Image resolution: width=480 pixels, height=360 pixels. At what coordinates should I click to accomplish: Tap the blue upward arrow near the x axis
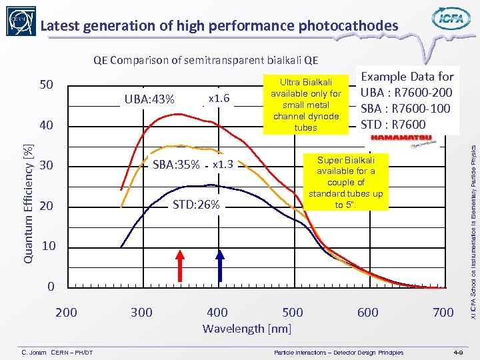(x=221, y=264)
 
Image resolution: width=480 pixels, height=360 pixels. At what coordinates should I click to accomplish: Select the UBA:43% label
(x=149, y=100)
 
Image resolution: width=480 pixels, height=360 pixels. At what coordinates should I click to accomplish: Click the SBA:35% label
(x=176, y=165)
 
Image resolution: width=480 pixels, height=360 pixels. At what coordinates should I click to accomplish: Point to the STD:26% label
(x=196, y=205)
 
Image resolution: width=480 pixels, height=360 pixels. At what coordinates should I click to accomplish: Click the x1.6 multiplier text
(x=219, y=99)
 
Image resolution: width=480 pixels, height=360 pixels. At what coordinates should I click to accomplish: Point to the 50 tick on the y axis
(x=47, y=85)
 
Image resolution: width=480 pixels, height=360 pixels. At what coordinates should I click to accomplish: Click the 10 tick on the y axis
(x=49, y=247)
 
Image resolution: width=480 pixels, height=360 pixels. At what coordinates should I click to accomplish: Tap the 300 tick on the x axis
(x=141, y=312)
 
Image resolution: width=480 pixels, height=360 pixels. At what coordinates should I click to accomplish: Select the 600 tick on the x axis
(x=367, y=312)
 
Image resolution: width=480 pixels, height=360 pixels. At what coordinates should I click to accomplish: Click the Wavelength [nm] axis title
(x=247, y=328)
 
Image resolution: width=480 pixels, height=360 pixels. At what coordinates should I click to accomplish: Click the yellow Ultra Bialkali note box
(x=306, y=103)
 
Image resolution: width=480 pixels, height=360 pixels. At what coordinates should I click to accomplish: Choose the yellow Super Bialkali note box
(x=345, y=182)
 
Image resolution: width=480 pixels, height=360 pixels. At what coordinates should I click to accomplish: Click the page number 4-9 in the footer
(x=459, y=351)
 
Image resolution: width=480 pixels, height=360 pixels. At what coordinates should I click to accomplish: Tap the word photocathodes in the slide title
(x=345, y=26)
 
